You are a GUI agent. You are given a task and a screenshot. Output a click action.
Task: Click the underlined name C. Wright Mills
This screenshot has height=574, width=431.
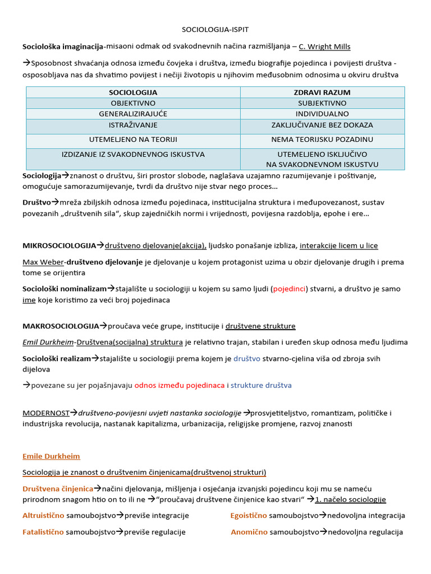324,47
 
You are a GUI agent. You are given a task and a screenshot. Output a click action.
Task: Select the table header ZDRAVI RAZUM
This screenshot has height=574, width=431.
322,92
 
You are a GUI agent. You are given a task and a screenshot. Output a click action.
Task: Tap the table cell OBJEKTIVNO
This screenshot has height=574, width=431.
133,103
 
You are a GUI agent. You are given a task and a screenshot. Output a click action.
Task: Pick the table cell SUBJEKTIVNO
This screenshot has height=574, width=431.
322,103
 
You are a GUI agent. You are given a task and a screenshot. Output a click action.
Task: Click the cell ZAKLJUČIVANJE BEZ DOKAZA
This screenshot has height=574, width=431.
322,125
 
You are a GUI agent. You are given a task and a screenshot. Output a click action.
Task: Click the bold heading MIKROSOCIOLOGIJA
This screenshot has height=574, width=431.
59,246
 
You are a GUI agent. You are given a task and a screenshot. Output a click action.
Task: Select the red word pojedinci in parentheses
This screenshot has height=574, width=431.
290,289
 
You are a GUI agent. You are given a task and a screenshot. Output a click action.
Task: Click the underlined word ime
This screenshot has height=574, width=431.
29,300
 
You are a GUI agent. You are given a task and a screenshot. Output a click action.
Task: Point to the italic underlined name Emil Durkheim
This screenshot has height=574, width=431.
48,342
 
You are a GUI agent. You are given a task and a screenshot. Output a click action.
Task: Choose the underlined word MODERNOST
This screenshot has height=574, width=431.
45,413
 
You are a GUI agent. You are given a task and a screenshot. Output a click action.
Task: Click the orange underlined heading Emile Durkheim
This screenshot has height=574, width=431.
51,456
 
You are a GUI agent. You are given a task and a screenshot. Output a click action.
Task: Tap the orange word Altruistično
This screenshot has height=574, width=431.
43,515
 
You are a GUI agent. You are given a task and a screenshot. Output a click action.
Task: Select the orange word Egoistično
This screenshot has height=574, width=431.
249,515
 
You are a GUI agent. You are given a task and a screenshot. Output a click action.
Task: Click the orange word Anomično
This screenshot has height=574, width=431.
249,531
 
